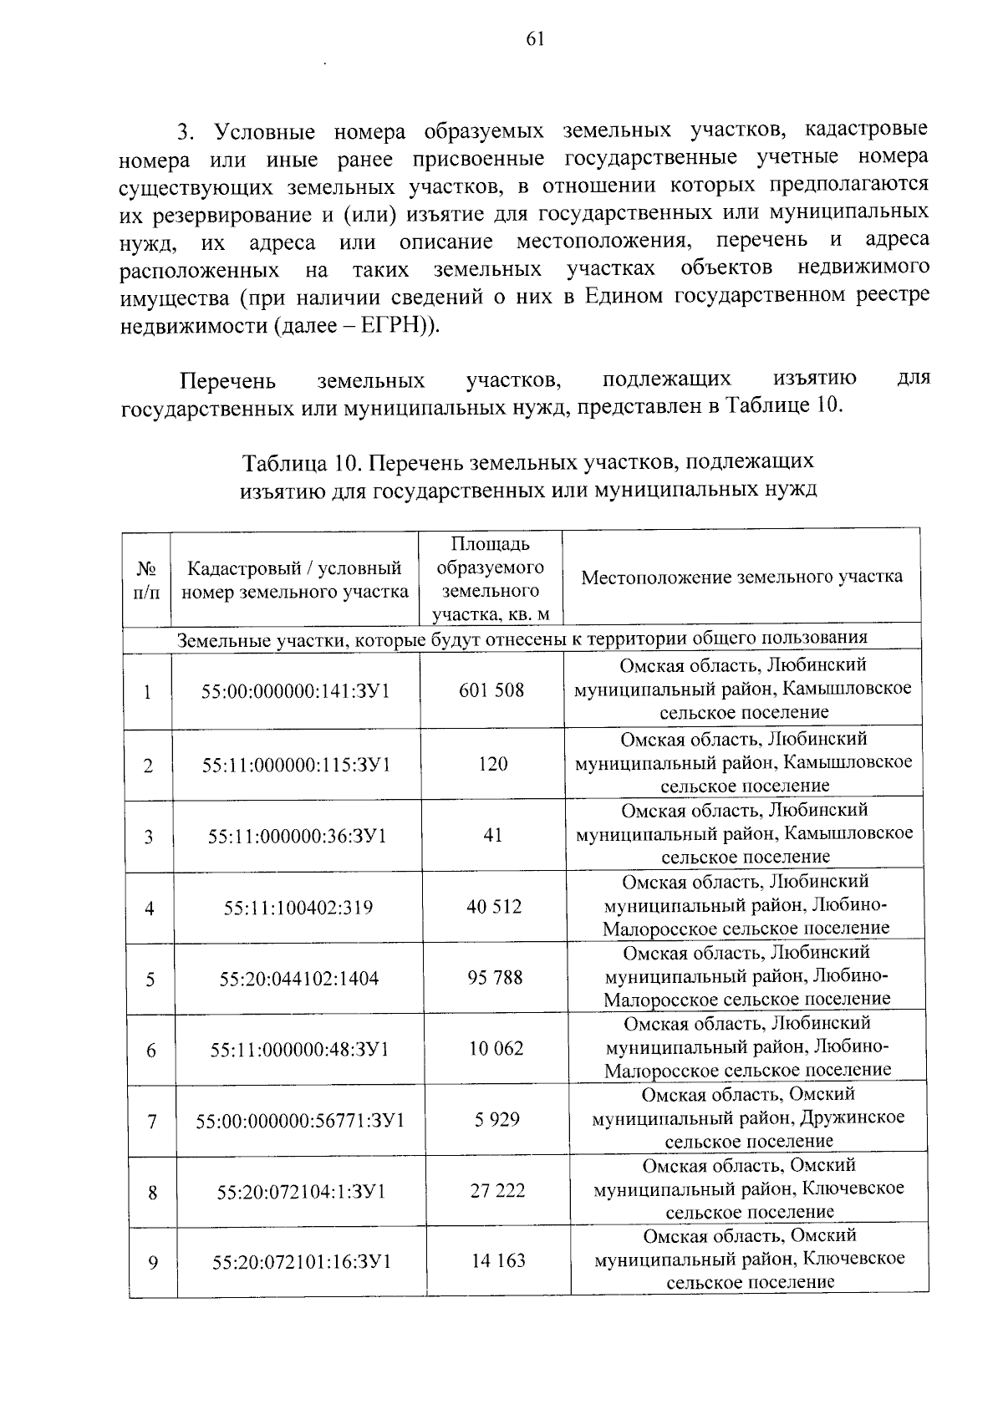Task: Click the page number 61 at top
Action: point(536,38)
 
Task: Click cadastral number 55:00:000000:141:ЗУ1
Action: point(296,691)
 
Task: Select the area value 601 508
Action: point(491,690)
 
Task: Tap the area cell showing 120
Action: point(493,764)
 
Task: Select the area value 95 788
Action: point(495,977)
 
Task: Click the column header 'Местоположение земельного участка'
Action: point(741,577)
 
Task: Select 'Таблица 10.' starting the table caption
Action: point(302,462)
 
